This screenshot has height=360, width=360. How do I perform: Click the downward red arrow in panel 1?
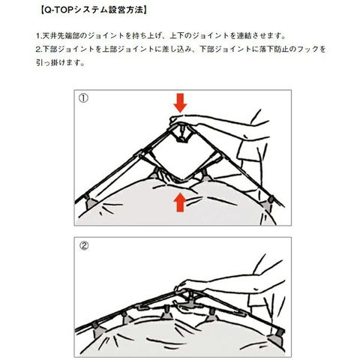pos(180,103)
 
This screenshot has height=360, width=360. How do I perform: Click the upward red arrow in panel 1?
pos(180,203)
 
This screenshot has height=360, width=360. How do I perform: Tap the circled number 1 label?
pos(83,98)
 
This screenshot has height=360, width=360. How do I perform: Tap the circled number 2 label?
pos(84,246)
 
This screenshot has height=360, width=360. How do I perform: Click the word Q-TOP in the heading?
pos(58,10)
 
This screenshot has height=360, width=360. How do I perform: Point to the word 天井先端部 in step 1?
pos(61,36)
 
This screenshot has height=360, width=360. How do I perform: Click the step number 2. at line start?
pos(39,49)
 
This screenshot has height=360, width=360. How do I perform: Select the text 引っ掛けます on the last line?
pos(58,62)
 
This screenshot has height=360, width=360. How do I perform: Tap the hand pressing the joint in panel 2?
pos(193,286)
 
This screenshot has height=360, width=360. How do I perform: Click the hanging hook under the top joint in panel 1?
pos(182,135)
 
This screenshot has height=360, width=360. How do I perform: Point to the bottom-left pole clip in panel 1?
pos(91,202)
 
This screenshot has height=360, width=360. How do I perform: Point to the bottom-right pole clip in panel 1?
pos(269,202)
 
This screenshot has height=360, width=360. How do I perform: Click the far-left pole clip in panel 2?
pos(95,330)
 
